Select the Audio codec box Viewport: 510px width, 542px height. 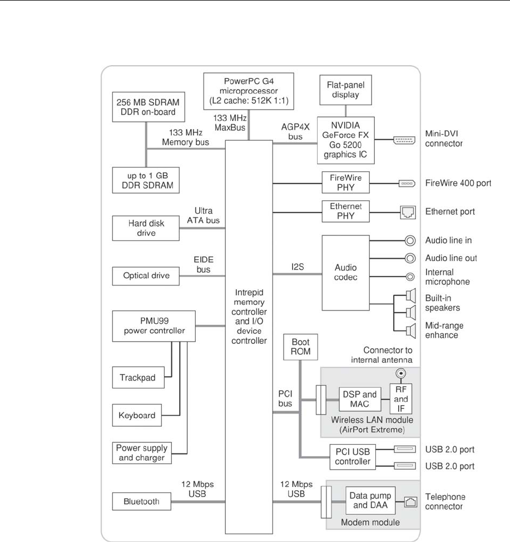345,272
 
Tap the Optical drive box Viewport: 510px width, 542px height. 146,276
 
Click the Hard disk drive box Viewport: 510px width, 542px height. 146,228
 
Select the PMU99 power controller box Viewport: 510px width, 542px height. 154,327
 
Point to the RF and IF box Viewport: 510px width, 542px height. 400,399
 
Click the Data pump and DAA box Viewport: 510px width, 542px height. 369,500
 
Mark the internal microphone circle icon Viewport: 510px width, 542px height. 410,276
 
